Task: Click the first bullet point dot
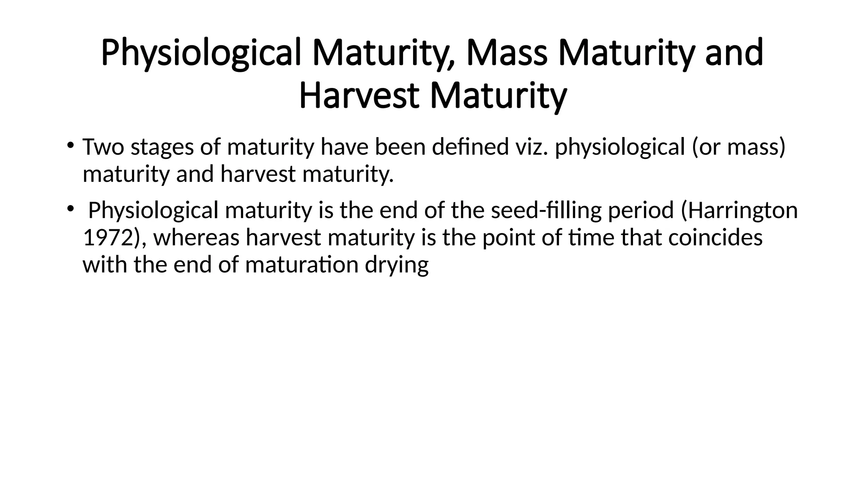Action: pyautogui.click(x=70, y=146)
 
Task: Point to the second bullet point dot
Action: pyautogui.click(x=70, y=208)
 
